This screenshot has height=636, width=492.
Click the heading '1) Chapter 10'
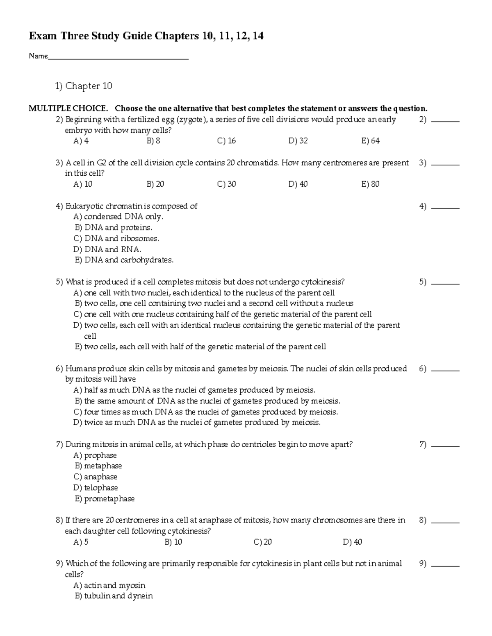84,86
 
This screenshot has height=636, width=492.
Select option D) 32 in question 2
298,141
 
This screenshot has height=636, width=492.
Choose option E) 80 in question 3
370,184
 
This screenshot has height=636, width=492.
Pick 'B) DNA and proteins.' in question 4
113,228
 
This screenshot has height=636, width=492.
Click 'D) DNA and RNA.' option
107,249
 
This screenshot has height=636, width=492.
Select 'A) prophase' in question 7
95,455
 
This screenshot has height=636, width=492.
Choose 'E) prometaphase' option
105,499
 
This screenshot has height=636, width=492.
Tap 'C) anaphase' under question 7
96,477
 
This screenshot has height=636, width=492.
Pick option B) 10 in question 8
173,542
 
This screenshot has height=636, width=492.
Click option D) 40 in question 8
352,542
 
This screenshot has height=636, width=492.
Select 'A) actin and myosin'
109,586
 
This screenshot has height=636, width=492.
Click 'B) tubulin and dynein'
114,596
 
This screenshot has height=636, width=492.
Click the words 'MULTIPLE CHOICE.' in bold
68,109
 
